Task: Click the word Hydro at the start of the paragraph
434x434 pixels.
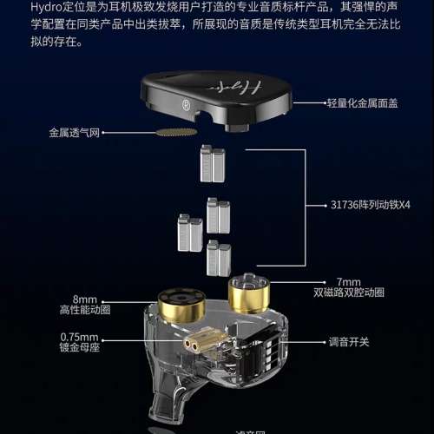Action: tap(18, 10)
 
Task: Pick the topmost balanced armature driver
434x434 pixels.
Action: tap(213, 161)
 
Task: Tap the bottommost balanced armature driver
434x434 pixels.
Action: tap(218, 258)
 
